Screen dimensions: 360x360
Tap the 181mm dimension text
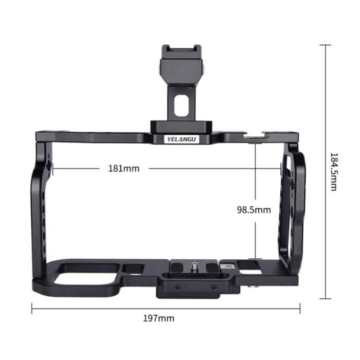[x=123, y=168]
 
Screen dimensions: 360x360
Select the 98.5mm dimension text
[x=254, y=209]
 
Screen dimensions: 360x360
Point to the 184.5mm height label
[x=333, y=171]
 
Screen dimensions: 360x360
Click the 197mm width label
[x=158, y=318]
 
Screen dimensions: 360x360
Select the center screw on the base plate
[x=195, y=266]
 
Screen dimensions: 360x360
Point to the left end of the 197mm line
[x=32, y=309]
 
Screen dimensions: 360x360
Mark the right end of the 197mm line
[x=300, y=309]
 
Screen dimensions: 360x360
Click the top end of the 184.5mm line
[x=325, y=45]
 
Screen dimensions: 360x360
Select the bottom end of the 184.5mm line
[x=325, y=298]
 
